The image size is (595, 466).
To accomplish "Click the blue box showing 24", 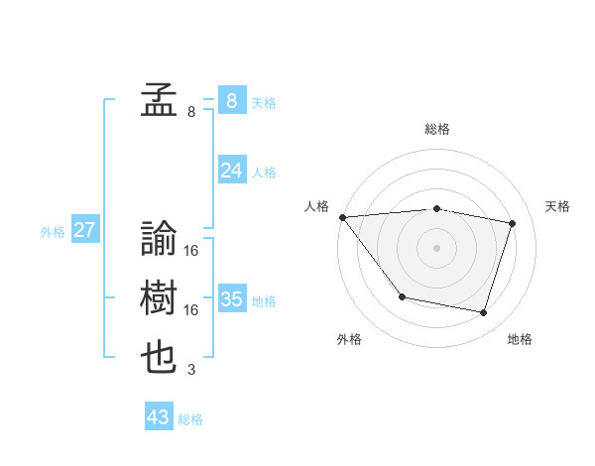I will [231, 171].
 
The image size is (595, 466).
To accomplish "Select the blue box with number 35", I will [231, 299].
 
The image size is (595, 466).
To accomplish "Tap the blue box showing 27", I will [84, 231].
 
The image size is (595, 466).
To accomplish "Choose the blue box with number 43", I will [158, 417].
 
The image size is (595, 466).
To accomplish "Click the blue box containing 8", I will [231, 101].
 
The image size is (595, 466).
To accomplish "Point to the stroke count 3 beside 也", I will [190, 370].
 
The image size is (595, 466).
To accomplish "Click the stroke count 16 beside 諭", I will [190, 251].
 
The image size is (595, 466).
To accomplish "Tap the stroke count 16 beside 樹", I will [190, 310].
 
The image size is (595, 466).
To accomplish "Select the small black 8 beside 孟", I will [190, 112].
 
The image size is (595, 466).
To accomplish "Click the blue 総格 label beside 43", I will [190, 419].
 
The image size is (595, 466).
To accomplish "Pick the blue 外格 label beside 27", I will [53, 232].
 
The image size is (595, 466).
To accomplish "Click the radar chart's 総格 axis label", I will [437, 129].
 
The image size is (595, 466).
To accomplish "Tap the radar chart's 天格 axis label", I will [558, 206].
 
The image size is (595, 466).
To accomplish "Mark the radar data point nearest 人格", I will [342, 217].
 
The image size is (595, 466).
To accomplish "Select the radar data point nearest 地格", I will [484, 313].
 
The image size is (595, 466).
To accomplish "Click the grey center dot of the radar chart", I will [437, 248].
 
